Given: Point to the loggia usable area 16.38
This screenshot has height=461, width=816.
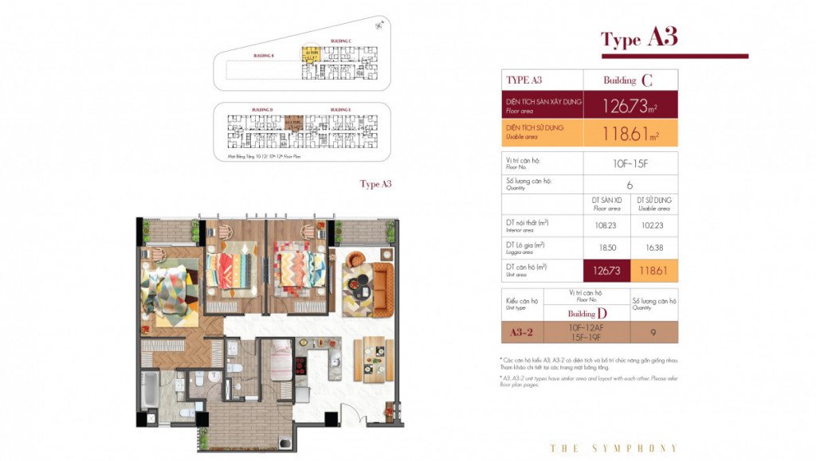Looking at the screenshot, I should point(654,247).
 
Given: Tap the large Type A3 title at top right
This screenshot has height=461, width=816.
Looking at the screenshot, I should point(638,38).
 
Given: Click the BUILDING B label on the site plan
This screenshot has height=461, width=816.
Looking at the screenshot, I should point(263,56).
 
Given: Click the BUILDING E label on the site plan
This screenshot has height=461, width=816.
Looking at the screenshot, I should point(340,109).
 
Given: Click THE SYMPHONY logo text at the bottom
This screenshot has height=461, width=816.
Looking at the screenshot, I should point(614,448).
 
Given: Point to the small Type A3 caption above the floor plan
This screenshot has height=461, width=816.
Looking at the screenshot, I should point(376,184).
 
